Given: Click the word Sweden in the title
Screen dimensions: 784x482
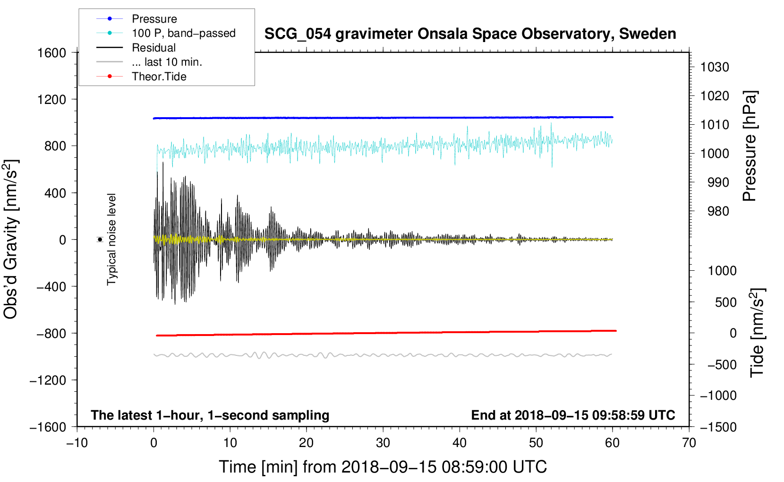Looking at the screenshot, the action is pyautogui.click(x=648, y=34).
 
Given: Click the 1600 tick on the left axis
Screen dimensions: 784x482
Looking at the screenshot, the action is pyautogui.click(x=51, y=53).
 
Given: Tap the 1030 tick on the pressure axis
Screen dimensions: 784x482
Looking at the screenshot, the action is pyautogui.click(x=715, y=67).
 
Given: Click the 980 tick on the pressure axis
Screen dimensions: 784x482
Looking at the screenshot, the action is pyautogui.click(x=718, y=211).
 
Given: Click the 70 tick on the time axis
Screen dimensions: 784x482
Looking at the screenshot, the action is pyautogui.click(x=689, y=443).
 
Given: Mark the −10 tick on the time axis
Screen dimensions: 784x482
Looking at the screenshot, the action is pyautogui.click(x=77, y=443).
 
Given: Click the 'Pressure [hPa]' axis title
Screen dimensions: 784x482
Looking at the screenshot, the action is pyautogui.click(x=750, y=146).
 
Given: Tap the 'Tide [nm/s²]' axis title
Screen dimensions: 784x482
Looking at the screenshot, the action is pyautogui.click(x=758, y=333).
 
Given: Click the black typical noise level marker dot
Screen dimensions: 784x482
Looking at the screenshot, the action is pyautogui.click(x=100, y=240).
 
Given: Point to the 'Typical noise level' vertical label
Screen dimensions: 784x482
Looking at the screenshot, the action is pyautogui.click(x=111, y=240).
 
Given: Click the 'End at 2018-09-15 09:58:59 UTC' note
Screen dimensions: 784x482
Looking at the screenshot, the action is pyautogui.click(x=573, y=415).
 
